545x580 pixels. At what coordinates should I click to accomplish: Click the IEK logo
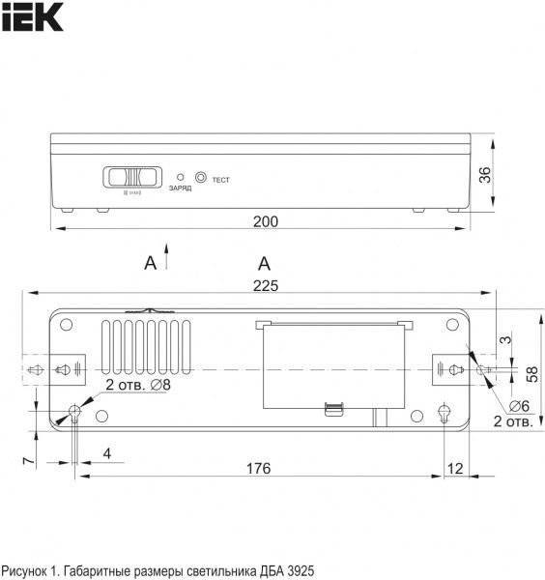[x=31, y=16]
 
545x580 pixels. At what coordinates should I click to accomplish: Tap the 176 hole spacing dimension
[x=257, y=469]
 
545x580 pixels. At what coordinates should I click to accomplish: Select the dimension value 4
[x=107, y=453]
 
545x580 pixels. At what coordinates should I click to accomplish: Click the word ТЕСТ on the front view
[x=220, y=180]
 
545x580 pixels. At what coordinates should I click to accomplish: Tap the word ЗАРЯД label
[x=180, y=188]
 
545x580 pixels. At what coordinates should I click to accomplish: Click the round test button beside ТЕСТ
[x=201, y=177]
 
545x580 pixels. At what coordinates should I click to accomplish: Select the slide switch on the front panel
[x=130, y=177]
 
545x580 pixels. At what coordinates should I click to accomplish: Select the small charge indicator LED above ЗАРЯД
[x=181, y=177]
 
